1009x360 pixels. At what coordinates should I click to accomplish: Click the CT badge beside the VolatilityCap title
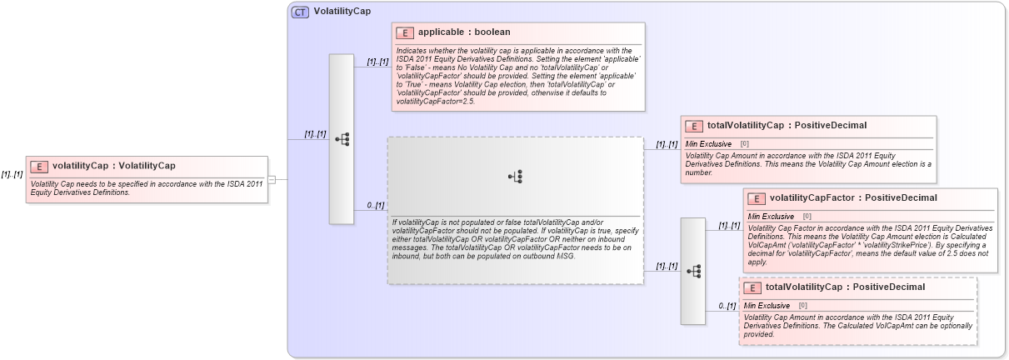(300, 12)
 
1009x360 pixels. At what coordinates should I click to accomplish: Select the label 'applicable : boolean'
(452, 32)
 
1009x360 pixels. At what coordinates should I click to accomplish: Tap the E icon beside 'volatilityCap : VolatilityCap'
(39, 166)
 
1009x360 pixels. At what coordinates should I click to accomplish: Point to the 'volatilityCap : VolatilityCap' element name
(113, 166)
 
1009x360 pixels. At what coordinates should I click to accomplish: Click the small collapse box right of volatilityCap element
(271, 178)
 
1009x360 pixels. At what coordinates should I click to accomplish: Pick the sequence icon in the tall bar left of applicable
(342, 139)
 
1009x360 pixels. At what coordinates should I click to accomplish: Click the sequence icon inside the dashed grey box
(516, 176)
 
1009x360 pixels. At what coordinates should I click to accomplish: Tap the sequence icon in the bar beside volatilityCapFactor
(692, 271)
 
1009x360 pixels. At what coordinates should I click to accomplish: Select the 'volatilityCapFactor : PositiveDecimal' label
(842, 198)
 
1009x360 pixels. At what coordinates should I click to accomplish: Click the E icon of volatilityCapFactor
(757, 198)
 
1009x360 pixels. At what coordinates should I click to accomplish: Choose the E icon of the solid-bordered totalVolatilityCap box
(694, 126)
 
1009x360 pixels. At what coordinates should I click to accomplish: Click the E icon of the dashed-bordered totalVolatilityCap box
(752, 287)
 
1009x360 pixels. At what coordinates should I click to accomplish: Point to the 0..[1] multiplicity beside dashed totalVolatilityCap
(727, 306)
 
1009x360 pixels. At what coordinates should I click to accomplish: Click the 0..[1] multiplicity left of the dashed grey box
(375, 205)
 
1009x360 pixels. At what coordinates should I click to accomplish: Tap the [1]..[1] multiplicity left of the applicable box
(377, 62)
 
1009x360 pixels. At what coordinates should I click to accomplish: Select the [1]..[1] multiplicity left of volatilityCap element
(12, 174)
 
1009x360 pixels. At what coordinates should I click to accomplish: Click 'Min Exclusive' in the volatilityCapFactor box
(771, 216)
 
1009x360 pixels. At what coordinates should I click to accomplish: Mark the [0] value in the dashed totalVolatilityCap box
(803, 305)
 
